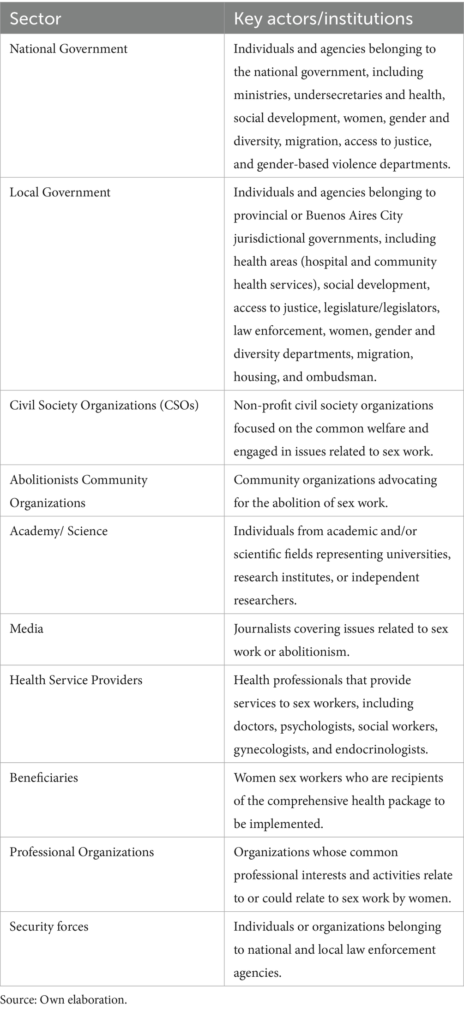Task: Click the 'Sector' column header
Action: pyautogui.click(x=36, y=19)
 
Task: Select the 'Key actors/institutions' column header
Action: pyautogui.click(x=323, y=19)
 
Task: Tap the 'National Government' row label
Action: pyautogui.click(x=68, y=49)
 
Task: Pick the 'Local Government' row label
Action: pyautogui.click(x=60, y=192)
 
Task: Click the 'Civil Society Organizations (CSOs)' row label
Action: pyautogui.click(x=104, y=406)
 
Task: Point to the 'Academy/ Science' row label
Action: pyautogui.click(x=59, y=531)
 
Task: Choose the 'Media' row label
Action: pyautogui.click(x=26, y=629)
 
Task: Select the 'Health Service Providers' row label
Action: pyautogui.click(x=76, y=680)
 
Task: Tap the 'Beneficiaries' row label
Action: pyautogui.click(x=44, y=778)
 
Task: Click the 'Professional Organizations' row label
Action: pyautogui.click(x=82, y=852)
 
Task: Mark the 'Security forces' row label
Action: pyautogui.click(x=49, y=927)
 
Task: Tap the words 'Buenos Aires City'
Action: pyautogui.click(x=354, y=215)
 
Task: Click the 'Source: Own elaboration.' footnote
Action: pyautogui.click(x=63, y=1000)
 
